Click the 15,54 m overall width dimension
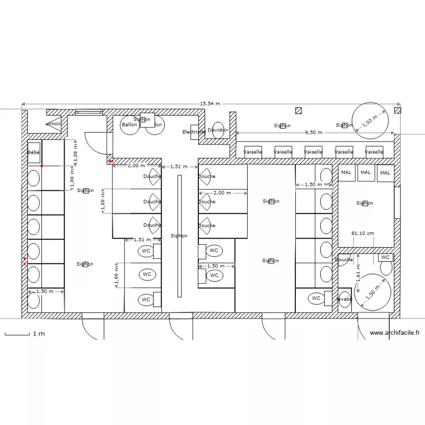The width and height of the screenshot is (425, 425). [210, 104]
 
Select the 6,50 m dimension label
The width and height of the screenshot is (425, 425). [313, 133]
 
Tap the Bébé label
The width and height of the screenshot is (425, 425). [33, 152]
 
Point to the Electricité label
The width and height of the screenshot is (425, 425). [194, 132]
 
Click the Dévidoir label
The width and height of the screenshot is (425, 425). [218, 130]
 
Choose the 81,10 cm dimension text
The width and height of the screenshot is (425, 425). [362, 233]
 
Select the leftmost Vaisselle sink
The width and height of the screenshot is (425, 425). [252, 152]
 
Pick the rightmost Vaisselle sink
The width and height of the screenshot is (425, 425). [374, 152]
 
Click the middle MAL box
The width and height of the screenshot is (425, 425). [365, 173]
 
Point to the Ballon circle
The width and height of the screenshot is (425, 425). [129, 125]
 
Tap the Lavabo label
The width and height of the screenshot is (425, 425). [344, 299]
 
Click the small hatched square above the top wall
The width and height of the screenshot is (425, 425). [298, 110]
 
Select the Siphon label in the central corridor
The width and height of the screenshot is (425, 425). [178, 236]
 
